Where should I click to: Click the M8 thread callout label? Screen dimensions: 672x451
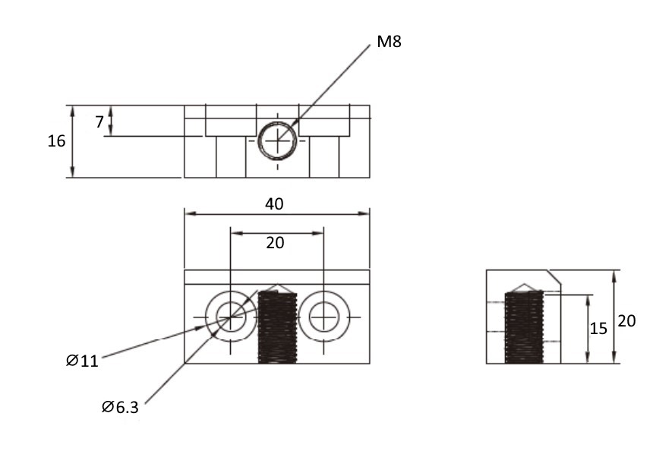pos(389,42)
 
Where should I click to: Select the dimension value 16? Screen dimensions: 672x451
pos(56,141)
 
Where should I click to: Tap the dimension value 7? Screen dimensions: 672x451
pos(99,121)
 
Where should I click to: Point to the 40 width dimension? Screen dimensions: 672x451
pos(274,204)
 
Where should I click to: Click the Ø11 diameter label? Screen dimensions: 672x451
pos(82,361)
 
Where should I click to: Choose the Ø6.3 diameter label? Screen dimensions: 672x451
pos(120,407)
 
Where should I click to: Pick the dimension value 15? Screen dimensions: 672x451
pos(598,329)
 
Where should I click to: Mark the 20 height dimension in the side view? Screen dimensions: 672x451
pos(626,321)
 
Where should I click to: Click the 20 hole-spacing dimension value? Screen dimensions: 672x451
pos(275,243)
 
